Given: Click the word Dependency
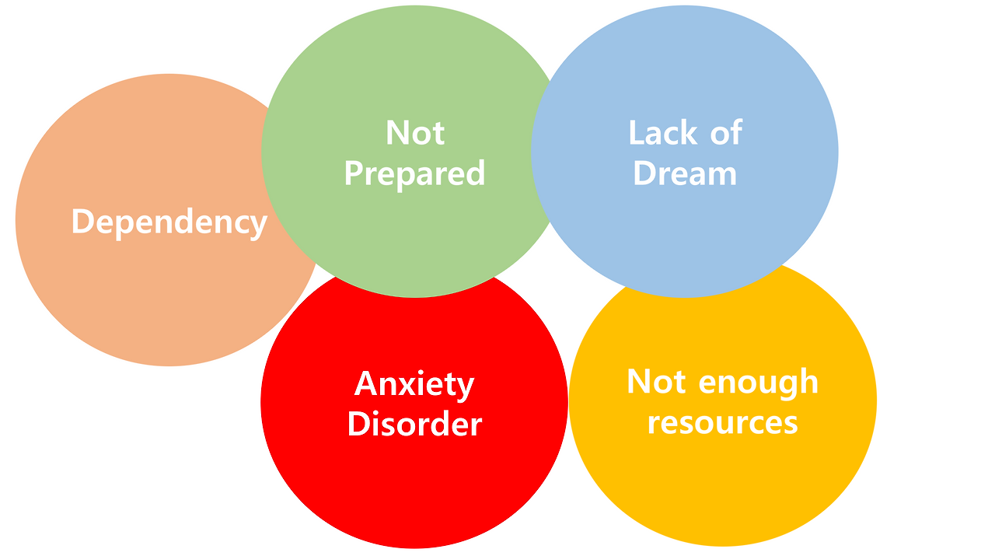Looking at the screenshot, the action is click(x=169, y=222).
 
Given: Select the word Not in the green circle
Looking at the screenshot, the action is click(x=415, y=133).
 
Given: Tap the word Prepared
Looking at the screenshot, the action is click(x=414, y=173).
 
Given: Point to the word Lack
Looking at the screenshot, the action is click(x=663, y=133).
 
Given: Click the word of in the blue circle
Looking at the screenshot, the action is click(x=726, y=133).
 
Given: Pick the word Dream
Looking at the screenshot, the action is click(x=685, y=173).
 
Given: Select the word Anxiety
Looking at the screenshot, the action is click(x=414, y=384).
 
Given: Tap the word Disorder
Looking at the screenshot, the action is click(x=414, y=425).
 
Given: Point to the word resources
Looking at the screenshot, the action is click(x=722, y=422).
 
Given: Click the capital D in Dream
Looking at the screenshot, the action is click(x=644, y=173).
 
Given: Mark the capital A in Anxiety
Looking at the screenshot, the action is click(x=366, y=383).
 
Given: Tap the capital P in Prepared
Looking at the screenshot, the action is click(x=354, y=173).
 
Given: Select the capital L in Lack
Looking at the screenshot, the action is click(x=636, y=133).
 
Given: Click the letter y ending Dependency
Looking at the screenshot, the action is click(x=259, y=226).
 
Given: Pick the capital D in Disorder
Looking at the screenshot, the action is click(x=358, y=425).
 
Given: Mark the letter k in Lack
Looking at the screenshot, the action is click(x=690, y=133).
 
